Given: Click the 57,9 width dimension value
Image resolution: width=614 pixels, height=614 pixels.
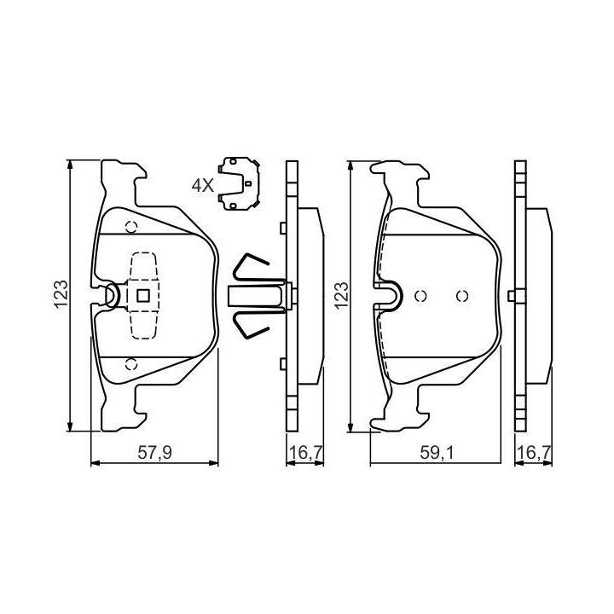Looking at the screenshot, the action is click(154, 453).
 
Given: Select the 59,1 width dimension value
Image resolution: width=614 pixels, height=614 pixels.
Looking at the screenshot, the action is click(437, 453).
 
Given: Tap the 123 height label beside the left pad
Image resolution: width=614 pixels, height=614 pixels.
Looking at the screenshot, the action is click(61, 294).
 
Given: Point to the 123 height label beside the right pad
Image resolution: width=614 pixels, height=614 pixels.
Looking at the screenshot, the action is click(341, 295).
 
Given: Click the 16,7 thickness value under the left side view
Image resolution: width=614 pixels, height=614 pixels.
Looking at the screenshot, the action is click(305, 453).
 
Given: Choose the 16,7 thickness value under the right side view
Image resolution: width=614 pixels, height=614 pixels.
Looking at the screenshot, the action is click(534, 453).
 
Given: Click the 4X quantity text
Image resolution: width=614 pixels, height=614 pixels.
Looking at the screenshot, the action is click(203, 185).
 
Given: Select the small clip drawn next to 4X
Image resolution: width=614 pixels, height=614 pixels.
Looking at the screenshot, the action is click(240, 183).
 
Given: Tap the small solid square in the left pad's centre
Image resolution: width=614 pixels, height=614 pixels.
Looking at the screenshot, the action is click(143, 296).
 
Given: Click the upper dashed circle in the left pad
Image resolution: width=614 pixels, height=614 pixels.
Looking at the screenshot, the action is click(131, 227).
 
